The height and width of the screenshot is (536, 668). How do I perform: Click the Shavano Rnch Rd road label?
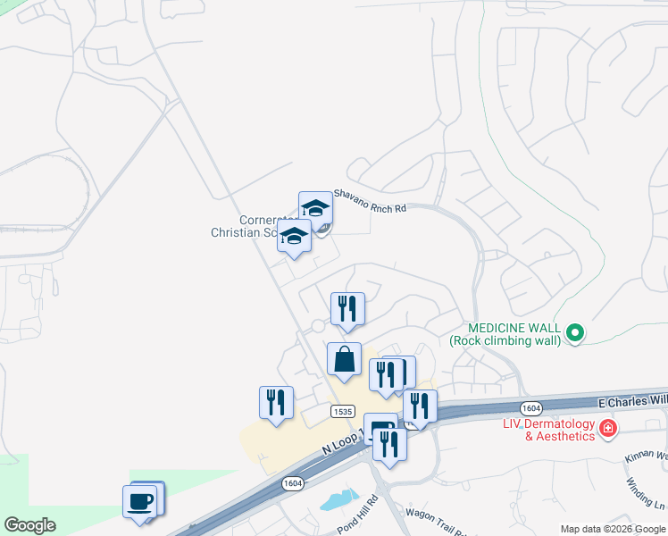pyautogui.click(x=370, y=200)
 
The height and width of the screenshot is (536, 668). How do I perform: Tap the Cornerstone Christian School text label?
pyautogui.click(x=246, y=227)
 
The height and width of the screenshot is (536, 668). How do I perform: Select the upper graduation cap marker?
pyautogui.click(x=315, y=209)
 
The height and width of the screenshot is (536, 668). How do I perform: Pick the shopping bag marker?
pyautogui.click(x=344, y=360)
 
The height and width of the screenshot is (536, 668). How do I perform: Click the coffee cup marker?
pyautogui.click(x=139, y=502)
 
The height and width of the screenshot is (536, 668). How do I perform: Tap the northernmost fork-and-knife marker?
pyautogui.click(x=347, y=309)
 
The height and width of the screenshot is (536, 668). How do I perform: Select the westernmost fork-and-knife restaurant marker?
pyautogui.click(x=276, y=403)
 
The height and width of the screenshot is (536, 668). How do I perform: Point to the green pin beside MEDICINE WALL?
pyautogui.click(x=576, y=335)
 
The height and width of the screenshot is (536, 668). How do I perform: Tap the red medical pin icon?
pyautogui.click(x=608, y=429)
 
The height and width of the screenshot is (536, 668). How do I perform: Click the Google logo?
pyautogui.click(x=29, y=525)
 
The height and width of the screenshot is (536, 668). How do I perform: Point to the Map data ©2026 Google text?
pyautogui.click(x=614, y=529)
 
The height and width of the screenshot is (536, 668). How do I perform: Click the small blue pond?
pyautogui.click(x=338, y=500)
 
